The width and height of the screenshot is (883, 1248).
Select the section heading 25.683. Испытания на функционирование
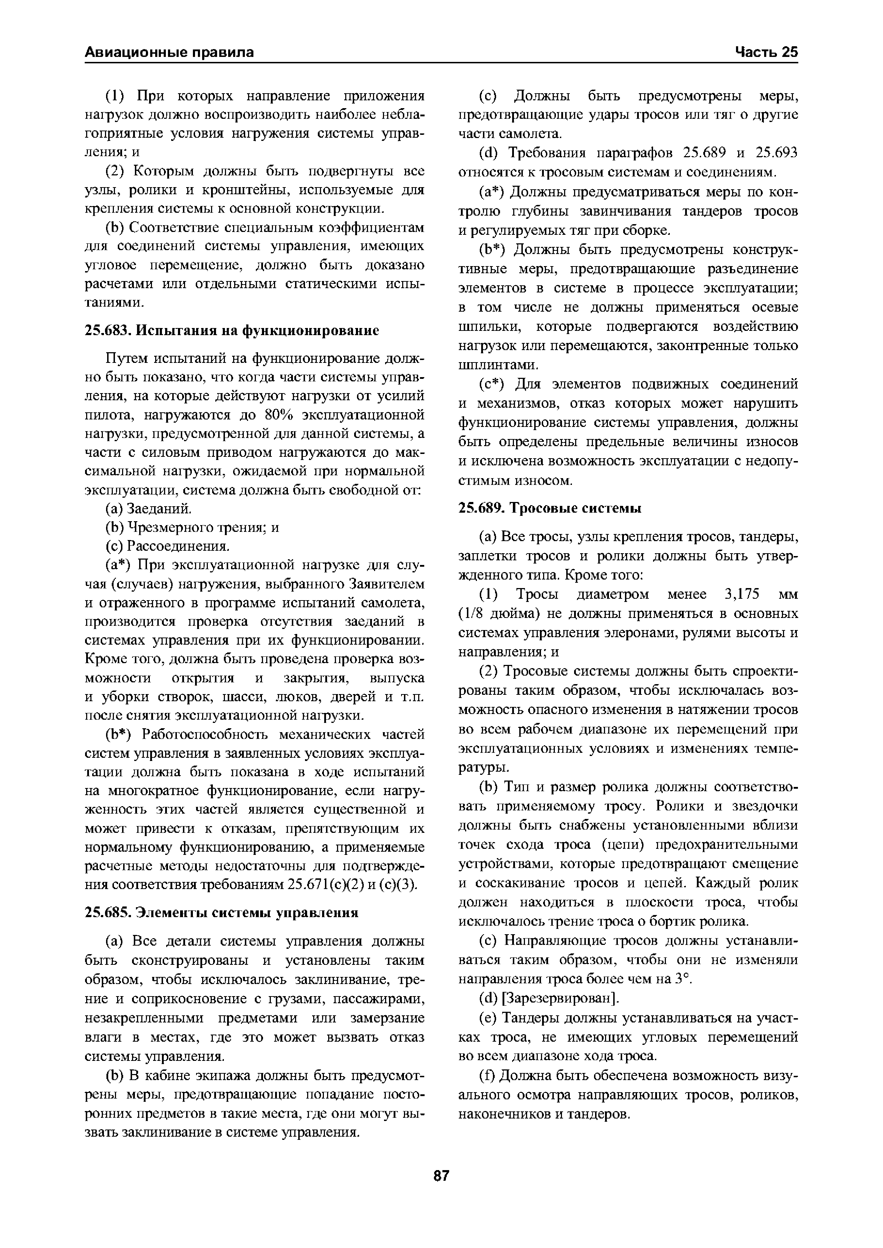(x=232, y=330)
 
